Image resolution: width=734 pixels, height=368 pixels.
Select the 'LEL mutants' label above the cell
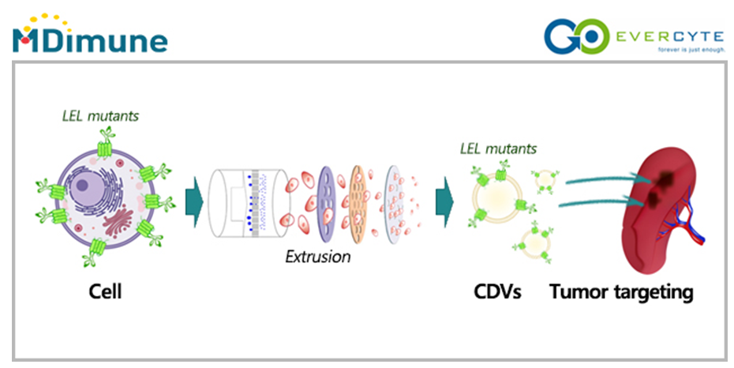click(x=100, y=115)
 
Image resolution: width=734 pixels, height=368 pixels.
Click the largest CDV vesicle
click(x=500, y=194)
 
